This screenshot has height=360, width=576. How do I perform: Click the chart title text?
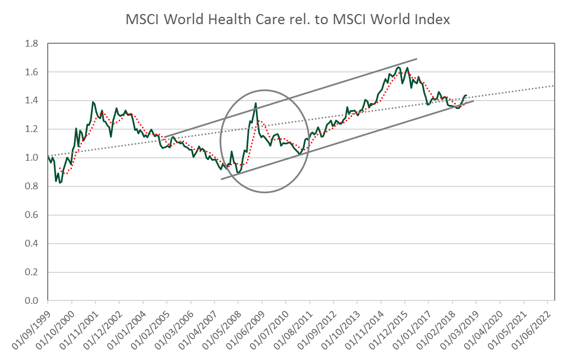click(x=288, y=20)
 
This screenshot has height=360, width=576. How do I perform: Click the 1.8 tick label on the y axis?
click(x=31, y=44)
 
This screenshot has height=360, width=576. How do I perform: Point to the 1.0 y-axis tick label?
click(x=31, y=158)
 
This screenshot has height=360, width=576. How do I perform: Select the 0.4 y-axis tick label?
click(x=31, y=244)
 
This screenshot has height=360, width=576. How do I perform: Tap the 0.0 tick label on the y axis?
click(x=31, y=301)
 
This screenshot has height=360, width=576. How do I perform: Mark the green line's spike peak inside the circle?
click(x=256, y=103)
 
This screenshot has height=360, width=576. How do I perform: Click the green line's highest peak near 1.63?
click(x=399, y=67)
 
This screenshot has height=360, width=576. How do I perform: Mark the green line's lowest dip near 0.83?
click(x=60, y=183)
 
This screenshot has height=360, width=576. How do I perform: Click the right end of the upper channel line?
click(x=417, y=58)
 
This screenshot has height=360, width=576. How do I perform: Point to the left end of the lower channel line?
click(x=221, y=179)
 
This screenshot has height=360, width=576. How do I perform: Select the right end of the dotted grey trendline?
click(x=554, y=85)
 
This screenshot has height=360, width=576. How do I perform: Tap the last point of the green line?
click(x=467, y=95)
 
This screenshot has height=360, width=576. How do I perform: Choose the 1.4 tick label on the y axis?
click(x=31, y=101)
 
